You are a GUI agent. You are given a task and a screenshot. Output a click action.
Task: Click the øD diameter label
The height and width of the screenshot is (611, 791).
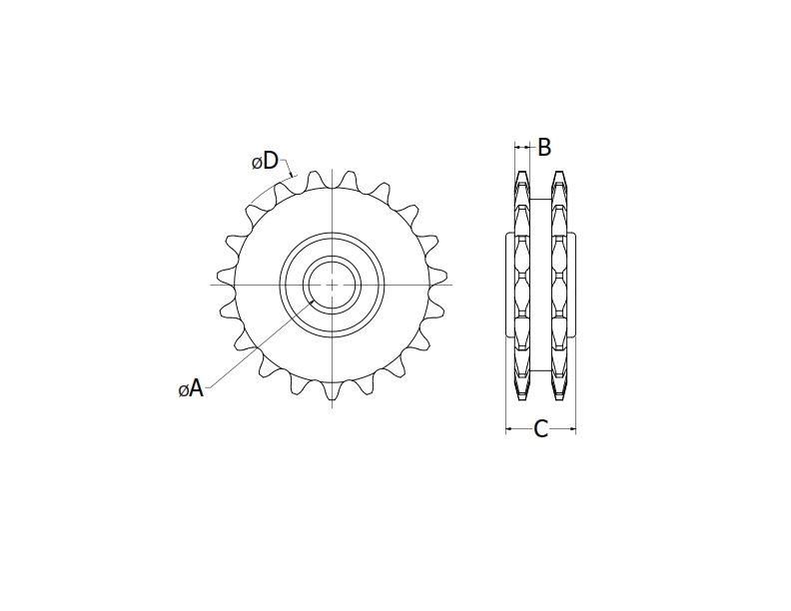(x=264, y=161)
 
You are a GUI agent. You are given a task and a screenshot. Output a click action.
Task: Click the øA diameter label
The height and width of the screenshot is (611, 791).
(x=191, y=389)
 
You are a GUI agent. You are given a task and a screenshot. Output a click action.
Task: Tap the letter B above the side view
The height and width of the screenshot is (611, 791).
(x=544, y=148)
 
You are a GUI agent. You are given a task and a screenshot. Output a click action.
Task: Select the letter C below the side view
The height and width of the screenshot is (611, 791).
(x=540, y=429)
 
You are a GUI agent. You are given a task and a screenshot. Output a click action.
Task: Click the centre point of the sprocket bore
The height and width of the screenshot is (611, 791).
(x=331, y=284)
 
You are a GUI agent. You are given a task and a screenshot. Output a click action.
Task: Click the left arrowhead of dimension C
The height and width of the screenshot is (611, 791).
(x=508, y=429)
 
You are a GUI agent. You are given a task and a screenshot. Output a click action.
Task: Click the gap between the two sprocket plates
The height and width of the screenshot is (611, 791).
(x=541, y=285)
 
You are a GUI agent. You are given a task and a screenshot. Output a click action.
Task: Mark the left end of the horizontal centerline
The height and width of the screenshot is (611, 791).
(x=211, y=284)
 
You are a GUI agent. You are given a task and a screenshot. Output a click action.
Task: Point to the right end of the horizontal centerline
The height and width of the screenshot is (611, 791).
(x=450, y=284)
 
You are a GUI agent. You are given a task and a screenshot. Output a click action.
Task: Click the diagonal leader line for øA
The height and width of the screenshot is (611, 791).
(x=260, y=342)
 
